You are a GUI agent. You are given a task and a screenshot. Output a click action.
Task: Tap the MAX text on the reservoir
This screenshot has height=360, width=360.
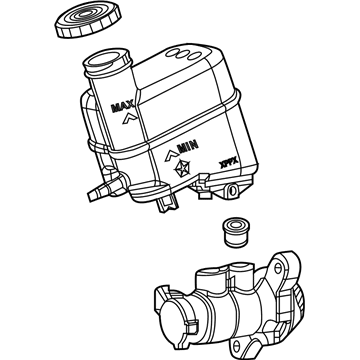click(124, 105)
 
